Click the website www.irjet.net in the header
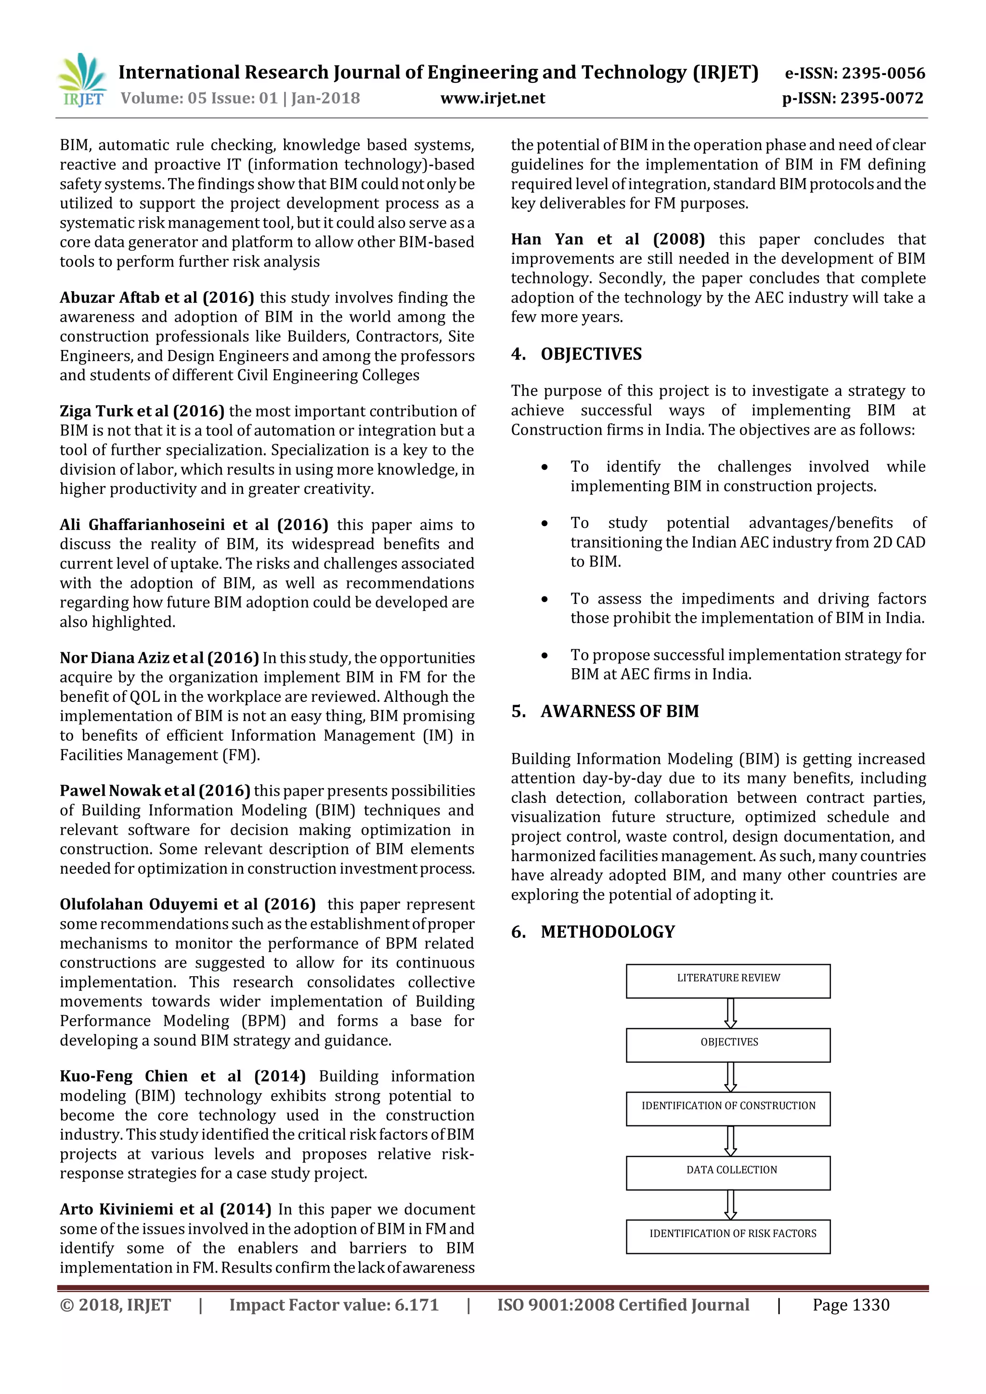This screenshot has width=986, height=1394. coord(493,98)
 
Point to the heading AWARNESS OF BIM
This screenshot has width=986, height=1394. coord(619,711)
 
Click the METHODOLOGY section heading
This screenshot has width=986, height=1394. coord(607,932)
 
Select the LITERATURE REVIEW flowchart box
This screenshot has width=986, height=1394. coord(728,981)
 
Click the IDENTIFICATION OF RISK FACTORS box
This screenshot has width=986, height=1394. coord(728,1236)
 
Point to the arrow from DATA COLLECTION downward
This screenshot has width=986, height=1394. coord(730,1204)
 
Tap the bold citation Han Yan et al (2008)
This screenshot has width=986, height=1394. coord(607,239)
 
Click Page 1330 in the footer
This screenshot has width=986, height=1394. coord(851,1305)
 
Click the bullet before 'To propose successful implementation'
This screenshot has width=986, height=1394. coord(545,656)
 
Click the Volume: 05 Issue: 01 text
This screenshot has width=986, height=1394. coord(199,98)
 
